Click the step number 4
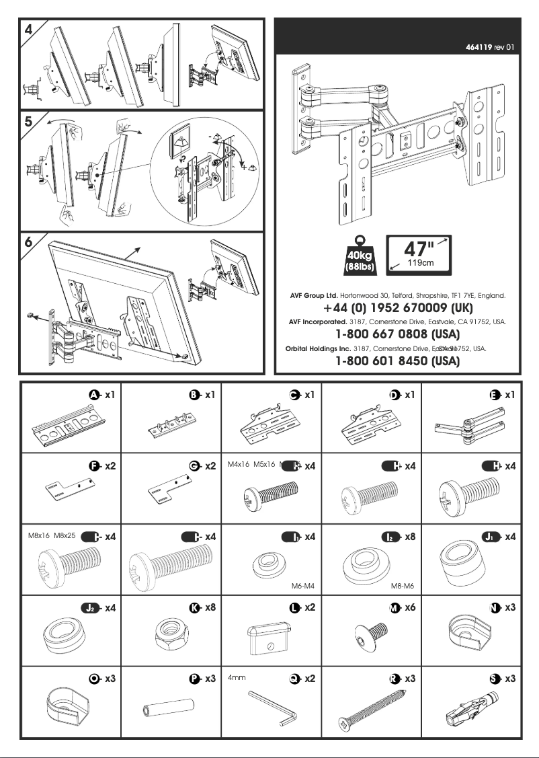[28, 30]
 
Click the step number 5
[28, 124]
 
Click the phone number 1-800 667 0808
[397, 334]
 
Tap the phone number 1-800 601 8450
[397, 361]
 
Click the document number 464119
[481, 48]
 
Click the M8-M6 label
[403, 586]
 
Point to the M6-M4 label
[303, 586]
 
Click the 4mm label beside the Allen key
[235, 679]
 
